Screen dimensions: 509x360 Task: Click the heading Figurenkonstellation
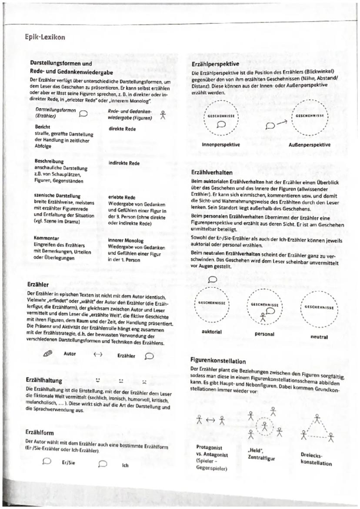click(x=218, y=361)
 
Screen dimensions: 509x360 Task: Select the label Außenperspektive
click(x=309, y=145)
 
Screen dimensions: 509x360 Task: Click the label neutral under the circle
click(x=319, y=336)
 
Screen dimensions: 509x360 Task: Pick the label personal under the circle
click(x=264, y=334)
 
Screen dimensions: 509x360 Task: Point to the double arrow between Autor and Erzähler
click(x=98, y=354)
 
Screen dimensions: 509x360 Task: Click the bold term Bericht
click(x=43, y=126)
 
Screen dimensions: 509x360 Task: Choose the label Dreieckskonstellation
click(x=316, y=459)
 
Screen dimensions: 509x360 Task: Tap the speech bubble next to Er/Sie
click(x=47, y=462)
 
